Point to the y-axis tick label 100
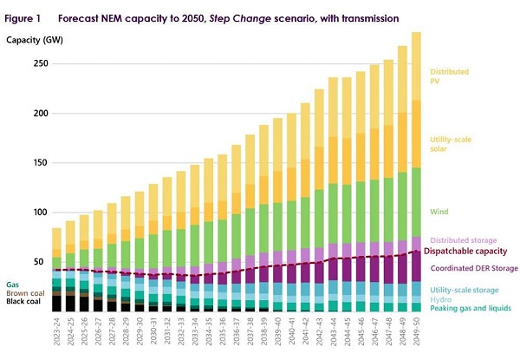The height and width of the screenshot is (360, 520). point(39,213)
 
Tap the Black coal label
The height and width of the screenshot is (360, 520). point(23,303)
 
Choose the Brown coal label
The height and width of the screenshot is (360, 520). point(24,293)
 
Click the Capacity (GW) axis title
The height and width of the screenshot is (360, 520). point(31,41)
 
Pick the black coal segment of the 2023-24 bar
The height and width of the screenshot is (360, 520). point(56,304)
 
